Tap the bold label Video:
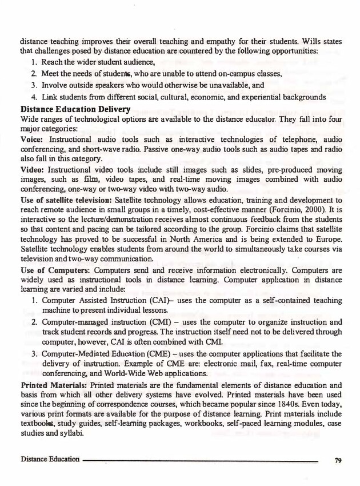[x=33, y=172]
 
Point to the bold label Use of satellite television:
[x=66, y=203]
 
